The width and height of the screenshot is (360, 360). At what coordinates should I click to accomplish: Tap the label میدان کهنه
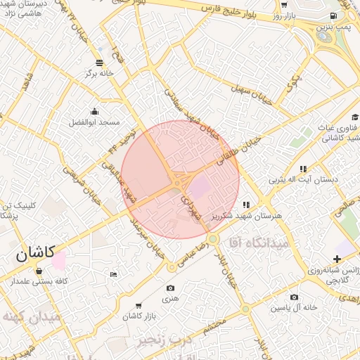pyautogui.click(x=31, y=317)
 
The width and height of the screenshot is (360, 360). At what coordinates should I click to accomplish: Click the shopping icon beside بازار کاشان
pyautogui.click(x=138, y=306)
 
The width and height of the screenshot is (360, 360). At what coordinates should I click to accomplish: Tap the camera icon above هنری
pyautogui.click(x=170, y=288)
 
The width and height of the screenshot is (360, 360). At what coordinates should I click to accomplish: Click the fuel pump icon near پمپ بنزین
pyautogui.click(x=332, y=15)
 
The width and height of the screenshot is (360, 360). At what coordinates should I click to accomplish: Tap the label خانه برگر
pyautogui.click(x=99, y=72)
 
